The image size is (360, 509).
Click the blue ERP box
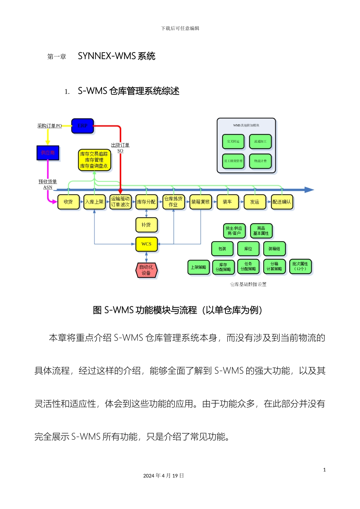(x=82, y=126)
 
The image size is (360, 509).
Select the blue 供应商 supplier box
(x=48, y=153)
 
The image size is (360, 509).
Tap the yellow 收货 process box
(x=68, y=202)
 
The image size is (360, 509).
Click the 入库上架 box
(x=94, y=202)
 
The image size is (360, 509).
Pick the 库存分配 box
(x=146, y=202)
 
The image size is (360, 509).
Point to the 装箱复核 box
(x=200, y=202)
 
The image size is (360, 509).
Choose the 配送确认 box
(x=282, y=202)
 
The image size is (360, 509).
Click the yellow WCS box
(x=146, y=244)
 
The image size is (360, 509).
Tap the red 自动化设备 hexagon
(x=146, y=270)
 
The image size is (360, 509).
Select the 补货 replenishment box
(x=146, y=225)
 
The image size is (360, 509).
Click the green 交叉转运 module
(x=233, y=142)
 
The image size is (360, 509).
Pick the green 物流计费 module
(x=260, y=161)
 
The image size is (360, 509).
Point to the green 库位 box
(x=248, y=249)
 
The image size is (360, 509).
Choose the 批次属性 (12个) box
(x=300, y=266)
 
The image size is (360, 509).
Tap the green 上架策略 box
(x=198, y=267)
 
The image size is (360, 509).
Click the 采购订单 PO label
(x=50, y=126)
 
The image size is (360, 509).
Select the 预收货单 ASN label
(x=48, y=184)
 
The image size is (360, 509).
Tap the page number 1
(x=324, y=470)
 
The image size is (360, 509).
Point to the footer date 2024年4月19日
(x=164, y=476)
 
